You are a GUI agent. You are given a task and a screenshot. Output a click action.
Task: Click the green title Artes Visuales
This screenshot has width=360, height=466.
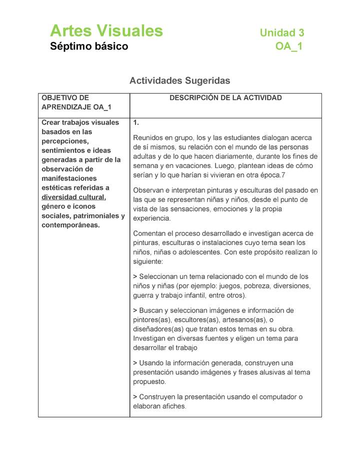coord(106,31)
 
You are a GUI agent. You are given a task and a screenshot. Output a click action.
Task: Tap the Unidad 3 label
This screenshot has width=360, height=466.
coord(281,33)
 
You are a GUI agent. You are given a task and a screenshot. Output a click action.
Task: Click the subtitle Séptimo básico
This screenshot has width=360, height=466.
coord(89,47)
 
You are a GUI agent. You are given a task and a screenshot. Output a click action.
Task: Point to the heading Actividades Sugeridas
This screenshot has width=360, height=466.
coord(179,80)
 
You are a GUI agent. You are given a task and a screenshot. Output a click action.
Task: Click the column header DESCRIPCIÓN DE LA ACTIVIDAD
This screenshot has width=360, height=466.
coord(225,98)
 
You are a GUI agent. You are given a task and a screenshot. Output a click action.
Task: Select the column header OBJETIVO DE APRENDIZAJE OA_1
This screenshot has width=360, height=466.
coord(76,102)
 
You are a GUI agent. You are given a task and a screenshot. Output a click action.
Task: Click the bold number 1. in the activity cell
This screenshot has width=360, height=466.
coord(136,122)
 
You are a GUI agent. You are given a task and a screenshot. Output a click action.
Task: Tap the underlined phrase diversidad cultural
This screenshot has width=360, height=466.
coord(73,197)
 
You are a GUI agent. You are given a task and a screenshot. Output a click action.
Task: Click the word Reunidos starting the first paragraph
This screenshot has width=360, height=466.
coord(149,137)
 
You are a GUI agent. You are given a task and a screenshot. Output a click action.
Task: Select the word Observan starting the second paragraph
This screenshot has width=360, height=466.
coord(148,190)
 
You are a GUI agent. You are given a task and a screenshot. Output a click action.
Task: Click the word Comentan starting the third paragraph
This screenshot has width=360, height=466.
coord(149,233)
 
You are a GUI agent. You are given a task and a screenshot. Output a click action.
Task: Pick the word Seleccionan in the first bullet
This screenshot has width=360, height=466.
coord(160,276)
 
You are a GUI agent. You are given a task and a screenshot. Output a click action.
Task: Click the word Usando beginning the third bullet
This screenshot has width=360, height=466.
coord(151,363)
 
